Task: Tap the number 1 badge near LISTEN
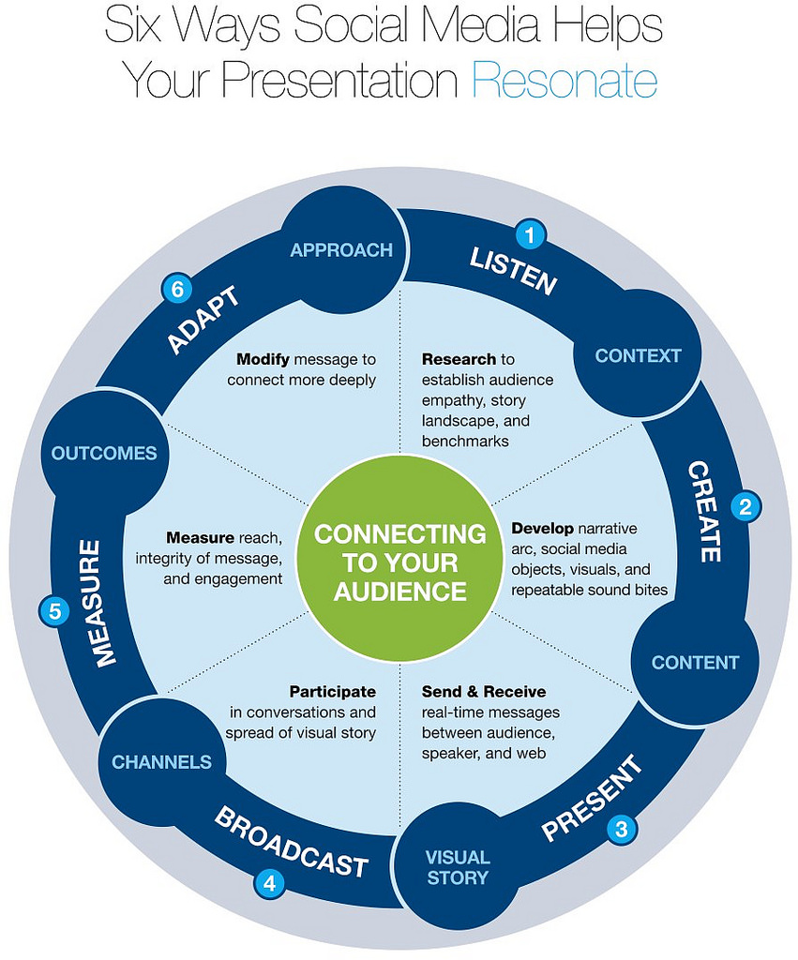(531, 234)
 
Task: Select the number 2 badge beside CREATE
(745, 506)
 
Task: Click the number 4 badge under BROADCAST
(270, 881)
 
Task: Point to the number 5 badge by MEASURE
(54, 612)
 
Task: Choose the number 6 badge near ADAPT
(175, 289)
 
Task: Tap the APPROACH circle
(341, 250)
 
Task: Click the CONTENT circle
(695, 663)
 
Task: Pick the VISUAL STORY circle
(458, 867)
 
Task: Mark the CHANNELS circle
(161, 762)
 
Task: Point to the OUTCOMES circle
(104, 454)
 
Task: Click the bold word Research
(459, 359)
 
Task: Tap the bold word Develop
(542, 528)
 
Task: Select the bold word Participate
(332, 692)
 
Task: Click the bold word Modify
(263, 359)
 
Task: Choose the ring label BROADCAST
(290, 842)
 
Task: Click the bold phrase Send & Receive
(483, 692)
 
